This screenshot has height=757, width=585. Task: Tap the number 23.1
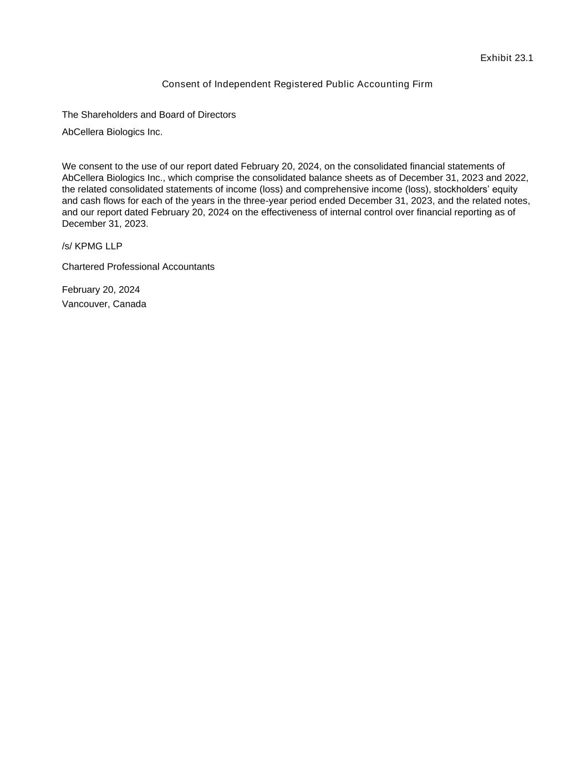[x=524, y=58]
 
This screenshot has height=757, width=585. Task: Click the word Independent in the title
[x=242, y=84]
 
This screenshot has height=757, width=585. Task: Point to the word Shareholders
[x=110, y=115]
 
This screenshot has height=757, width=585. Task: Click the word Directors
[x=217, y=115]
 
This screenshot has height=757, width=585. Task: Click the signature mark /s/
[x=67, y=246]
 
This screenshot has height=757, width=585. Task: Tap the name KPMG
[x=89, y=246]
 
